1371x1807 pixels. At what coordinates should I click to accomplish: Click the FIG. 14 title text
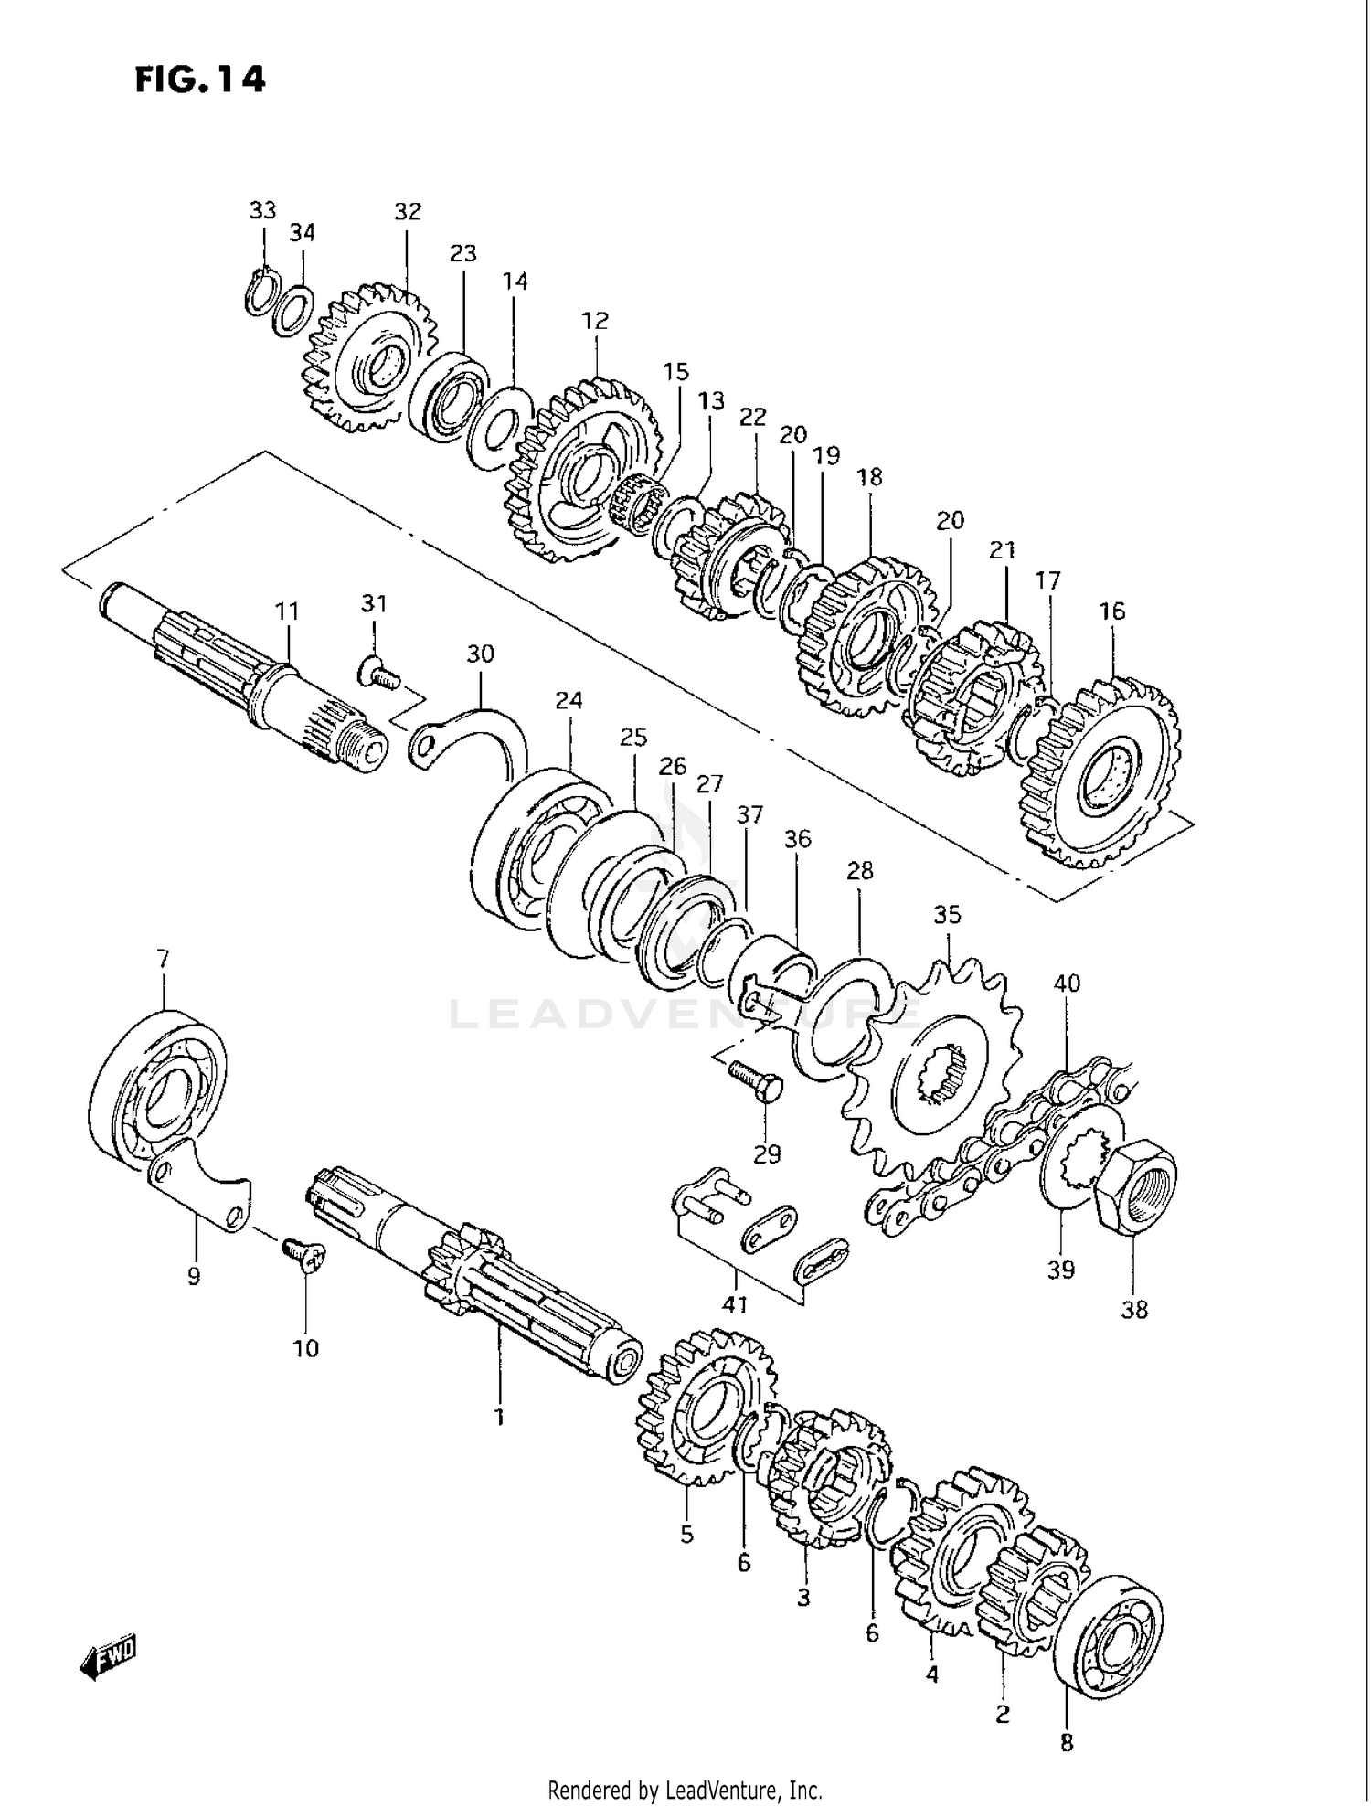click(200, 80)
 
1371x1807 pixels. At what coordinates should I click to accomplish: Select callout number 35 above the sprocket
click(947, 914)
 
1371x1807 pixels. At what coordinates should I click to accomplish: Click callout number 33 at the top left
click(262, 210)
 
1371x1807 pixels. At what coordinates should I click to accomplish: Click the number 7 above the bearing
click(163, 959)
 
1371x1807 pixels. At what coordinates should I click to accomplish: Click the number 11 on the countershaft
click(287, 611)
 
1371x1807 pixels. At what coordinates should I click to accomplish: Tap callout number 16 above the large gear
click(1111, 611)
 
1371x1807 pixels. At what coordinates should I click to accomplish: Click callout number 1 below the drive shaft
click(499, 1418)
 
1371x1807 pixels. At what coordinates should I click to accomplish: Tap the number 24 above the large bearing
click(568, 700)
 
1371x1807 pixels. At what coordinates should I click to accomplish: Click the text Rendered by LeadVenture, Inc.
click(685, 1789)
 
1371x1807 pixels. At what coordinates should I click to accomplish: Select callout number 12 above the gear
click(594, 321)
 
